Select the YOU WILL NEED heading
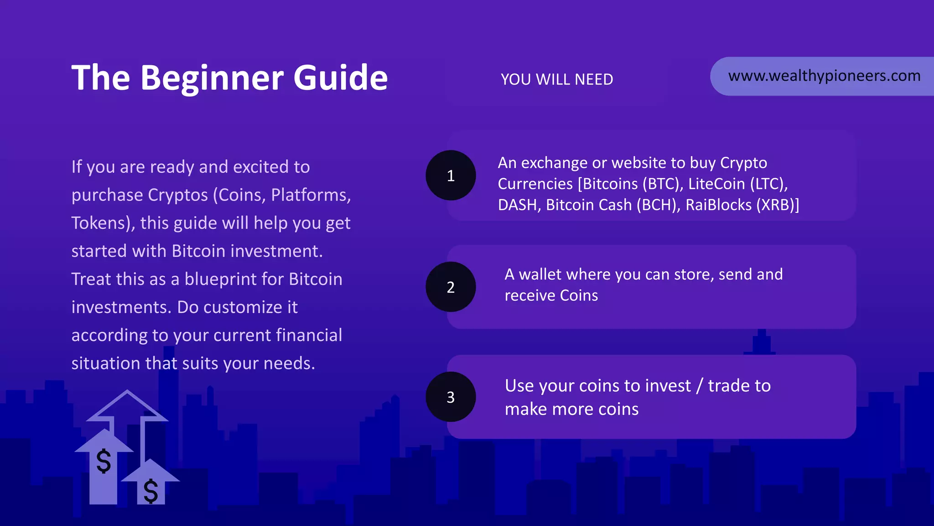pos(557,79)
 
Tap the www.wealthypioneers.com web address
pos(824,76)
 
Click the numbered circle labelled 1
pos(451,175)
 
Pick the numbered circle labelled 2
pos(451,287)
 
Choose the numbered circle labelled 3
pos(451,397)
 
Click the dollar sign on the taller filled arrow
pos(104,461)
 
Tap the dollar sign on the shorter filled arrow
pos(150,491)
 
